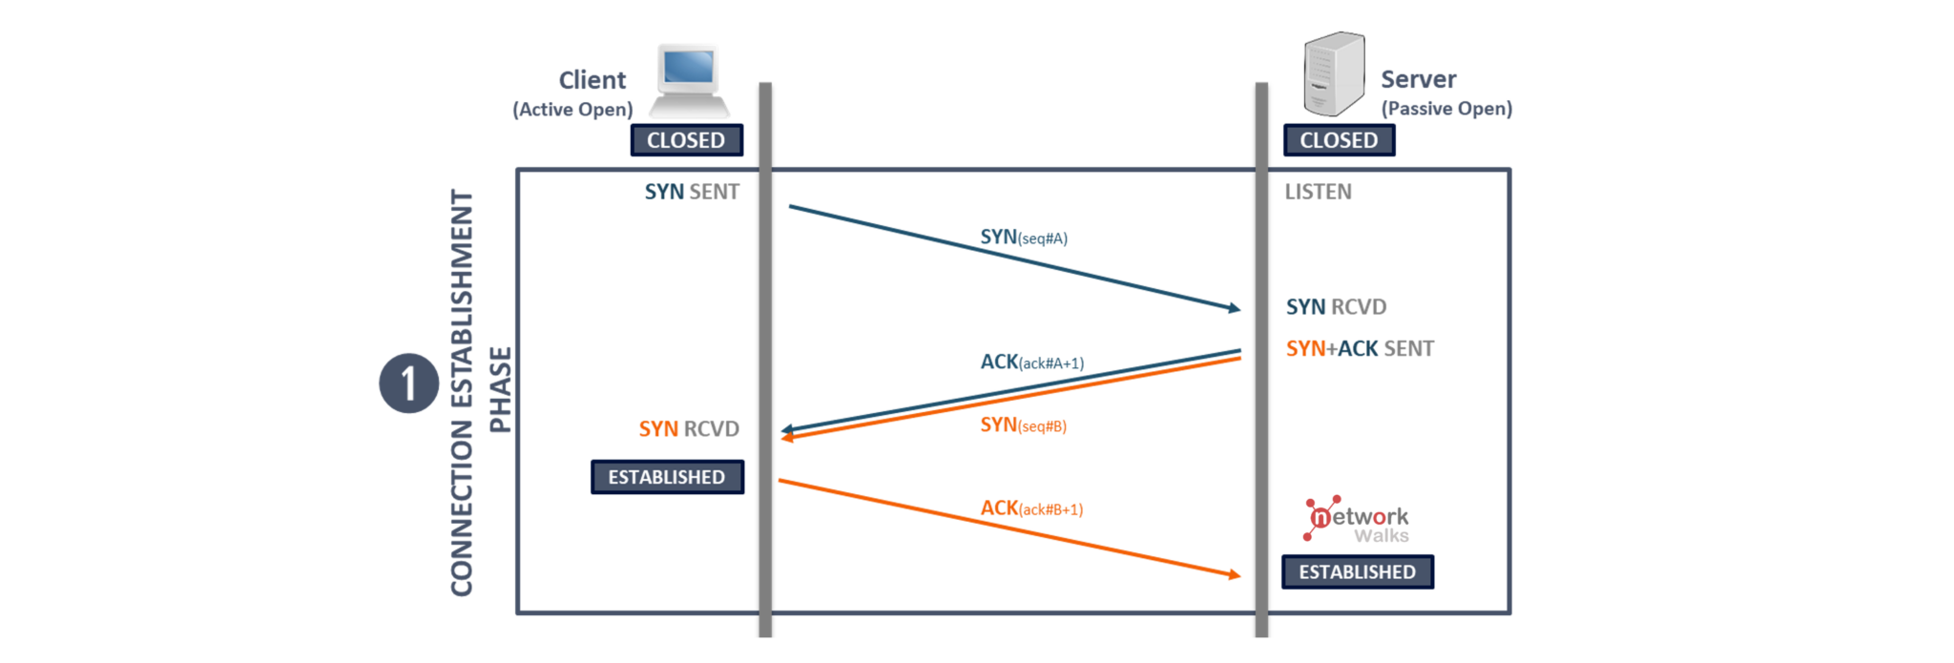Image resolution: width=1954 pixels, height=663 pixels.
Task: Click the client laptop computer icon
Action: (x=689, y=80)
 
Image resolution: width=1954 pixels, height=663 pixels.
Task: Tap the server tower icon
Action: (x=1333, y=73)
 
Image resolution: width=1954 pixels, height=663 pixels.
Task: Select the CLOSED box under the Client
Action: (x=686, y=140)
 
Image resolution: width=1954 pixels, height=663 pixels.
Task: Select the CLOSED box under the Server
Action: (x=1338, y=140)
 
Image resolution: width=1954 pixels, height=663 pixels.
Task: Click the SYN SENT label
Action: (x=692, y=192)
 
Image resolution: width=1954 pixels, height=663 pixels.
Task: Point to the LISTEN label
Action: (x=1318, y=192)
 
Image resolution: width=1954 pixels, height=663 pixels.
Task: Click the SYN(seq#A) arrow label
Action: (x=1023, y=237)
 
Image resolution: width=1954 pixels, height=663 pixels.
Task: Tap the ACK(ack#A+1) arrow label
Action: (x=1031, y=363)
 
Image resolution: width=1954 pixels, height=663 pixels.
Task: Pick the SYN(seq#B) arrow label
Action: (x=1023, y=425)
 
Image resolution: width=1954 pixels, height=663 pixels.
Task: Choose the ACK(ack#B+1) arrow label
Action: (x=1031, y=508)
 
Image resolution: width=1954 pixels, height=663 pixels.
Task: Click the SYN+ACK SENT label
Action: (x=1359, y=349)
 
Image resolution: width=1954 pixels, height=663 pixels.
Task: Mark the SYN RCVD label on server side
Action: (x=1336, y=307)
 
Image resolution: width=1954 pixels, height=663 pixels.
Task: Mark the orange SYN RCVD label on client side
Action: (x=689, y=429)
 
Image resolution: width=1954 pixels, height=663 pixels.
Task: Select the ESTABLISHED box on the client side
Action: (x=667, y=477)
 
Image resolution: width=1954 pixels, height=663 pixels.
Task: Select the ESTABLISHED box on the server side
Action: (x=1357, y=571)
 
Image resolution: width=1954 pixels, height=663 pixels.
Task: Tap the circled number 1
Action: (x=408, y=383)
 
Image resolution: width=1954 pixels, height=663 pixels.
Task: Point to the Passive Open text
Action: (x=1446, y=109)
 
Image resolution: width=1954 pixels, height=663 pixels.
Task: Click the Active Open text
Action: (x=572, y=110)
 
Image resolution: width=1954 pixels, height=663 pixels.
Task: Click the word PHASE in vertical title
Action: (x=500, y=389)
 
